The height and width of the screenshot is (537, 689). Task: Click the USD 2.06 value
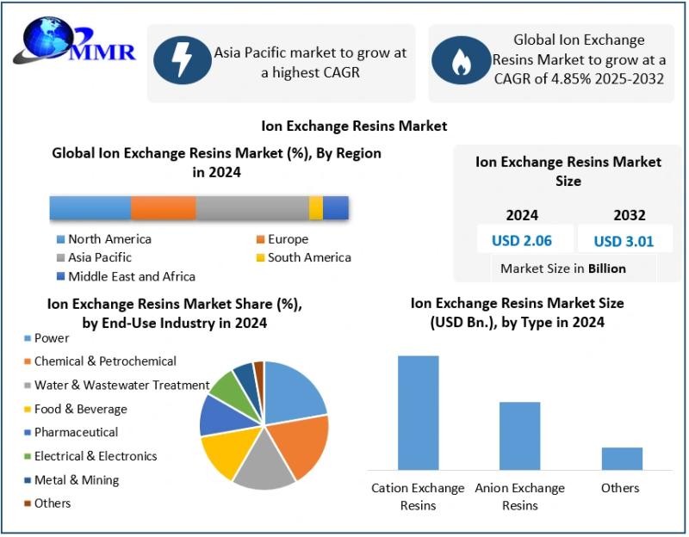point(522,240)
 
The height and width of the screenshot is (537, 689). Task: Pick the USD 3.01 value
point(624,240)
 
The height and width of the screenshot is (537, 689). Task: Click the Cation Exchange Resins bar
point(418,412)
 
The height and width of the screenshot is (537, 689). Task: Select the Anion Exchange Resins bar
point(519,435)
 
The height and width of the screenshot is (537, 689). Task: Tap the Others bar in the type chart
point(622,458)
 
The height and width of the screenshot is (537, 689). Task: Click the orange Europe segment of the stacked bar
point(164,208)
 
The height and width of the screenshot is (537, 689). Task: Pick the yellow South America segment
point(316,208)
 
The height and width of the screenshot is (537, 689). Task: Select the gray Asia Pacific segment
point(252,208)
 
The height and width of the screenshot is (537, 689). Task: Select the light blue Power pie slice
point(293,392)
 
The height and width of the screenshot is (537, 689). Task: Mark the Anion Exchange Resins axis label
point(519,496)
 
